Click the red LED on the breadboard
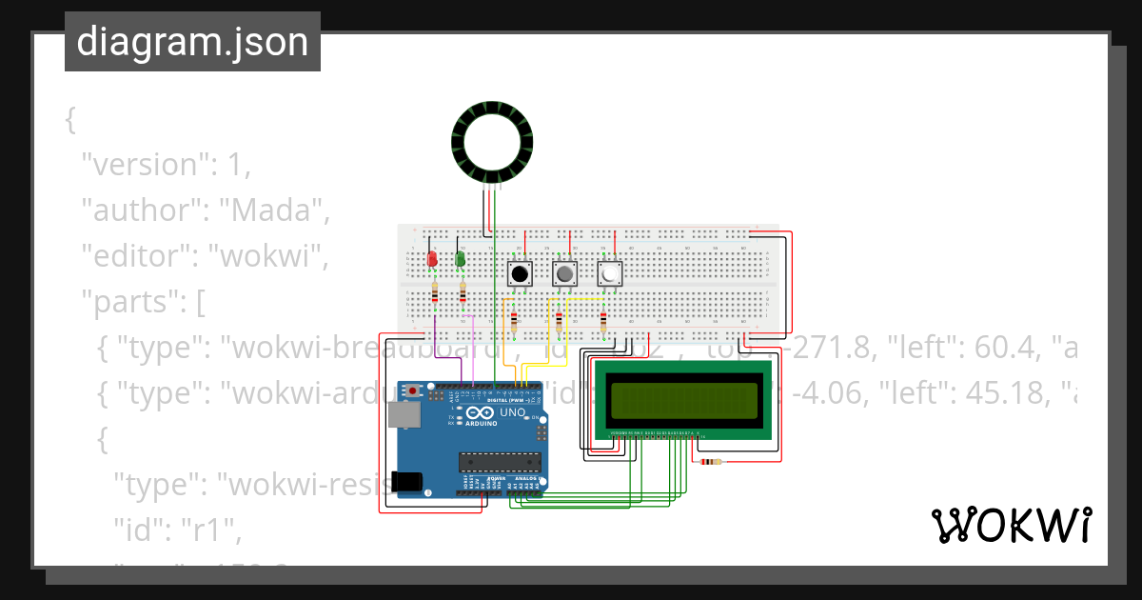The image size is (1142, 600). [432, 259]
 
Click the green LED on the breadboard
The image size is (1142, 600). [461, 259]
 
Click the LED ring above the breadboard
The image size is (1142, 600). [489, 144]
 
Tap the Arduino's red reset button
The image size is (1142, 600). [413, 390]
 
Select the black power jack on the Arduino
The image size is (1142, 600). [407, 482]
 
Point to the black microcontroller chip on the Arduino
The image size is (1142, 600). [501, 462]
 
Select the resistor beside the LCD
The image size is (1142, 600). [710, 463]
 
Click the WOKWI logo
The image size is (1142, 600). [1011, 525]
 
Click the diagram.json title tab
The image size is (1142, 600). [192, 42]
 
